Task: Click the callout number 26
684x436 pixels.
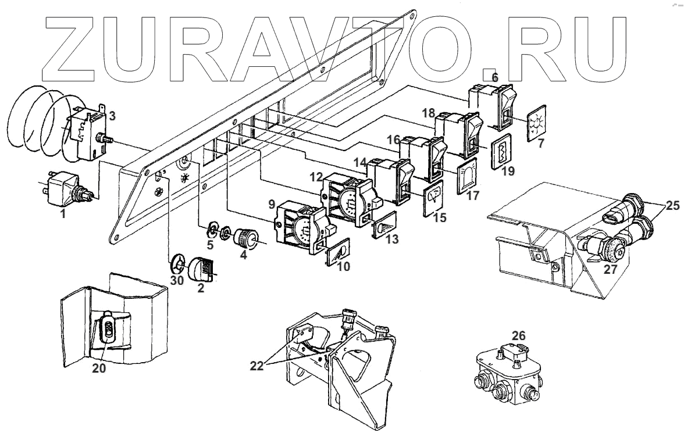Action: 519,335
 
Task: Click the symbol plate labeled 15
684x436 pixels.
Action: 433,197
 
